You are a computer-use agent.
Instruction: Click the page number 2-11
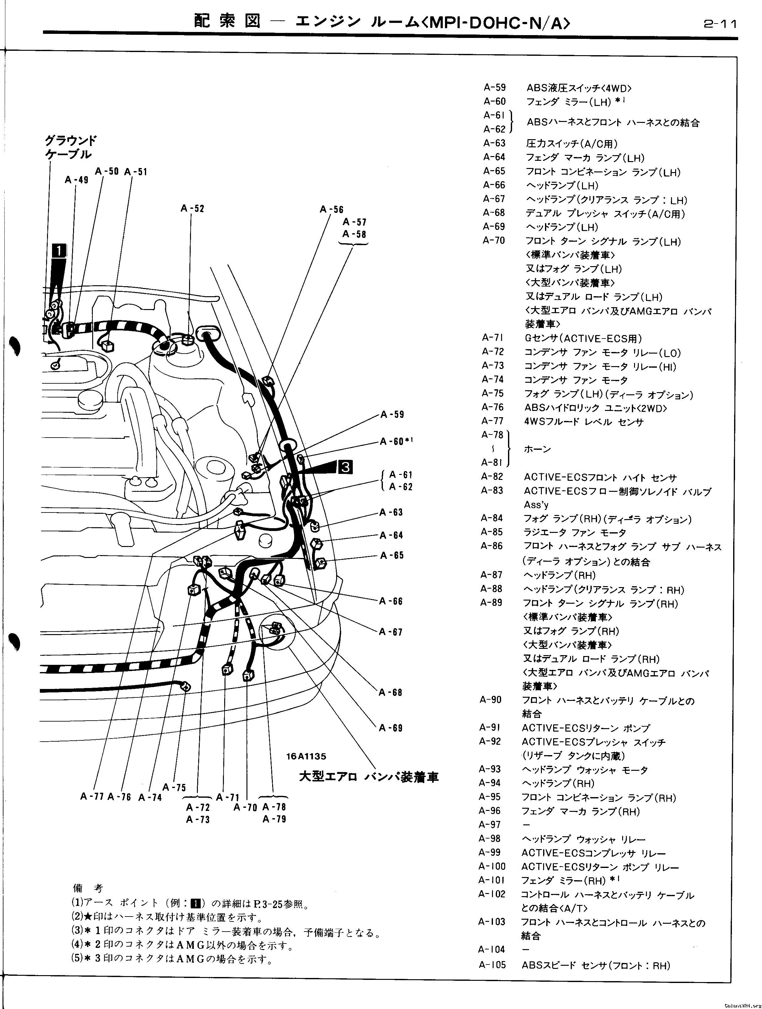[x=720, y=24]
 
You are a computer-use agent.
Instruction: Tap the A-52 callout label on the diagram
[x=192, y=208]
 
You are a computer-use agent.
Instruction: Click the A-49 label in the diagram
[x=77, y=180]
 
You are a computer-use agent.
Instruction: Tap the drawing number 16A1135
[x=306, y=756]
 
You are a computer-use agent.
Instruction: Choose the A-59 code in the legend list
[x=495, y=87]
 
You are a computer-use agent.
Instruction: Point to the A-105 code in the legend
[x=492, y=965]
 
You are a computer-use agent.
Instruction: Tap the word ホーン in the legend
[x=537, y=449]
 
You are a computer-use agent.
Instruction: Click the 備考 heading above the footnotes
[x=88, y=888]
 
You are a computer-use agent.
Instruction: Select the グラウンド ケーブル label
[x=71, y=147]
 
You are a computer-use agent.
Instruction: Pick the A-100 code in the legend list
[x=492, y=866]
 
